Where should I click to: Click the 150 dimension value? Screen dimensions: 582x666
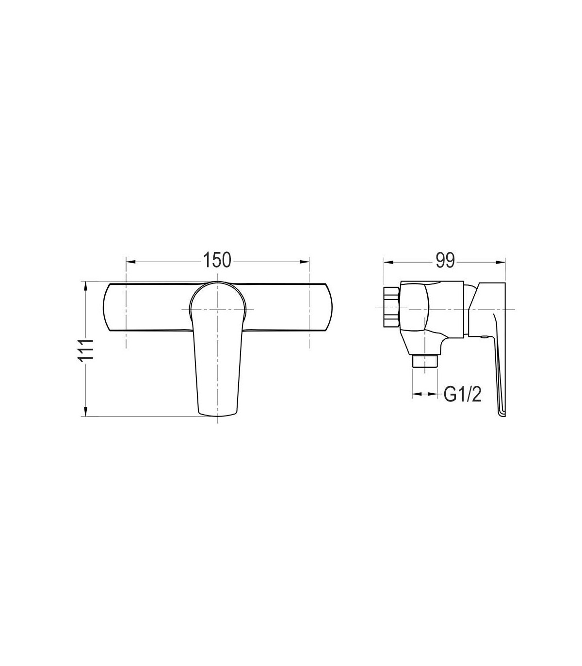pos(217,260)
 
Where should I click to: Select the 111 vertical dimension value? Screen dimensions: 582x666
pos(86,350)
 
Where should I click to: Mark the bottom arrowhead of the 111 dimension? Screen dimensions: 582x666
pos(85,412)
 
